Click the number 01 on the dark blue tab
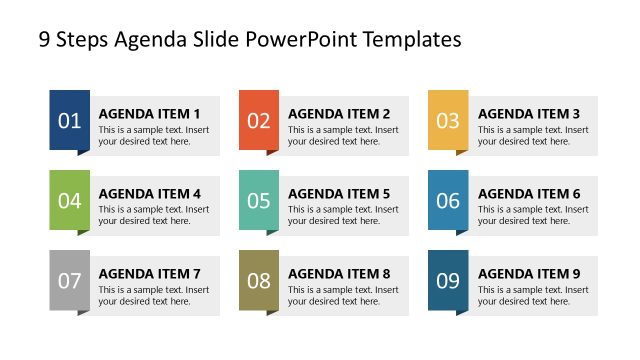pos(69,121)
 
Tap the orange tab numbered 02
pos(259,121)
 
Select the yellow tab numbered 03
pos(448,121)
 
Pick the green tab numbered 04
pos(69,200)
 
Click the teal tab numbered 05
pos(259,200)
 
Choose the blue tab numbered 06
pos(448,200)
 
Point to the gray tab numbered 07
pos(69,280)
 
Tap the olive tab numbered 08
pos(259,280)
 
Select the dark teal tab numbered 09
pos(448,280)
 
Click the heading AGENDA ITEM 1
pos(149,114)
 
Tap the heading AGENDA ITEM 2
pos(339,114)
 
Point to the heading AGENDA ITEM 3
pos(528,114)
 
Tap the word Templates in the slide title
pos(412,40)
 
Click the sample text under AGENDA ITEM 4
pos(153,215)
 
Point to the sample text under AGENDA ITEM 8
pos(343,295)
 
